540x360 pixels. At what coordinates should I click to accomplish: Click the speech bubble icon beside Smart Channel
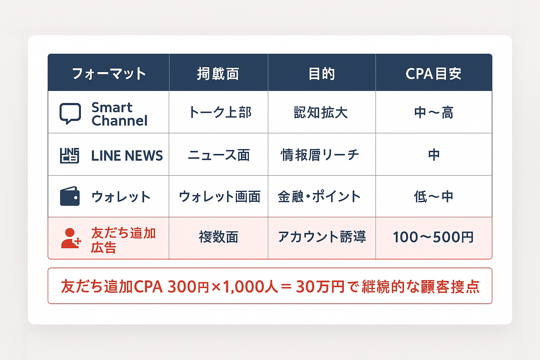70,113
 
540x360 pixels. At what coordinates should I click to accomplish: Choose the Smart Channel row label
119,114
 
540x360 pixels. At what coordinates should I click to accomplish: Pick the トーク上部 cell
220,112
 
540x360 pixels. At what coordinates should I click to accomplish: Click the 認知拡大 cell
321,112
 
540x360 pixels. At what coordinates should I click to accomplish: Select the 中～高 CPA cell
433,112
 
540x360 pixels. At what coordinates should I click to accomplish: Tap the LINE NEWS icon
70,155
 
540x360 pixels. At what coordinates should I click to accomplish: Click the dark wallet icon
70,196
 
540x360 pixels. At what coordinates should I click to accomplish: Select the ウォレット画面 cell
219,197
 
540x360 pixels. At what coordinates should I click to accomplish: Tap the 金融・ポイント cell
319,197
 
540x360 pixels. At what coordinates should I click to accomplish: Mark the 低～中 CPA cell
433,197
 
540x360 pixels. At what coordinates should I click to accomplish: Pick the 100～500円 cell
433,237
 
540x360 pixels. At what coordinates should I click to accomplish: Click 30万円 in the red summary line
320,287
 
